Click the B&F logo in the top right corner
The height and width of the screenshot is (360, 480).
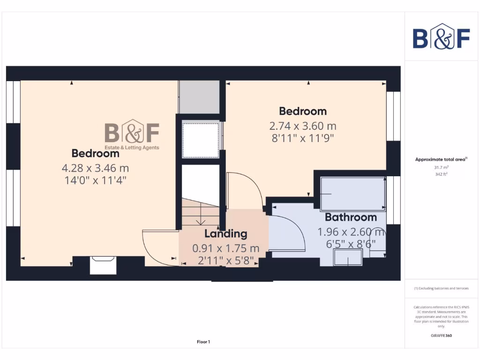[x=441, y=37]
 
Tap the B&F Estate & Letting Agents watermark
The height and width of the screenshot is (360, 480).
[x=132, y=135]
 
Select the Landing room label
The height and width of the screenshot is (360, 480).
[x=225, y=233]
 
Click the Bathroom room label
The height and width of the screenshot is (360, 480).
[x=351, y=217]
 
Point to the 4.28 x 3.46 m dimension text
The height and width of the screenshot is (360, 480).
[x=95, y=167]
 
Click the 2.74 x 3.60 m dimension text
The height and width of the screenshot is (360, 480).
[x=302, y=126]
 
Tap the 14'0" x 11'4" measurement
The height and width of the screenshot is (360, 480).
[x=96, y=180]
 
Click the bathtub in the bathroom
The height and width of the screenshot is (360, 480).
[x=353, y=194]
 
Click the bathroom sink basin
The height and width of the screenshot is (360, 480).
[x=347, y=257]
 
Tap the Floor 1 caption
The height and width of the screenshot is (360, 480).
[x=203, y=342]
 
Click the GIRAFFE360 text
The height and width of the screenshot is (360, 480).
[x=441, y=336]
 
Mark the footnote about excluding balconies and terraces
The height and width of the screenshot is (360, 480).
[x=441, y=288]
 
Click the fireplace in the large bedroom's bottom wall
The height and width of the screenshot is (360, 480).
[x=103, y=265]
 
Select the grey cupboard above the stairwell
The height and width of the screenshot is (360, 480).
[x=200, y=97]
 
